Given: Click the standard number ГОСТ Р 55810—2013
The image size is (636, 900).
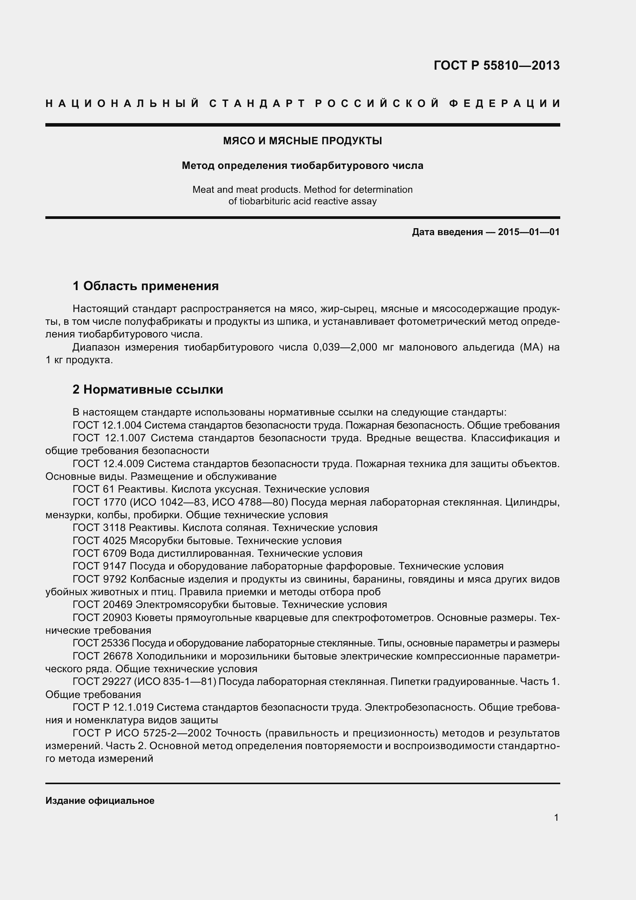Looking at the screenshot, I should coord(496,65).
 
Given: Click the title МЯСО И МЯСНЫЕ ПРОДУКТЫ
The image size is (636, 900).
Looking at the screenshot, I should coord(302,141).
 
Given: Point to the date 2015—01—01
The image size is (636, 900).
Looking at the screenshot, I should coord(528,232).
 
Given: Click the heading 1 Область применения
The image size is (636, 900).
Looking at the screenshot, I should coord(146,286).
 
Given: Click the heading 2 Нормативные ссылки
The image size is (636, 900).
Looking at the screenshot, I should coord(148,390).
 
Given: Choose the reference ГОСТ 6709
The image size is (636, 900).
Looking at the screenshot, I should coord(100,553).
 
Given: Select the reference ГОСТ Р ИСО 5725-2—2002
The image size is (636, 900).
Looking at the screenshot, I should coord(142,733).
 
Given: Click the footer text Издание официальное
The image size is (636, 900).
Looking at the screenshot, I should coord(100,801).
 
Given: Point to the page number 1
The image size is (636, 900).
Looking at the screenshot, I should coord(556,817).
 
